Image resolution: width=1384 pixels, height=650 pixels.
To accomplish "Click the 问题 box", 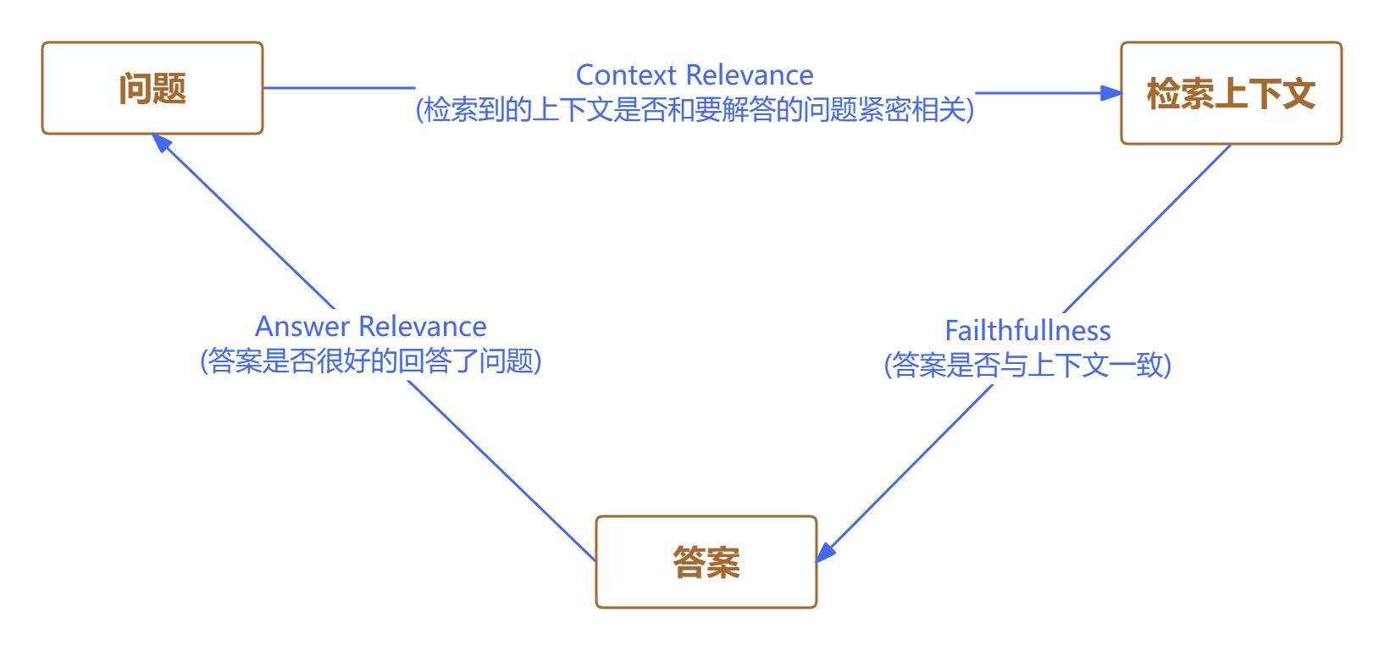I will tap(152, 88).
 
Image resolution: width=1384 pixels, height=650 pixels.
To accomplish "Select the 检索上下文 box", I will tap(1231, 93).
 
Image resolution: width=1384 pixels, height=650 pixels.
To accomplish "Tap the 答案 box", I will tap(706, 562).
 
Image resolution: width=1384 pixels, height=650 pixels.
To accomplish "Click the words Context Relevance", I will tap(695, 75).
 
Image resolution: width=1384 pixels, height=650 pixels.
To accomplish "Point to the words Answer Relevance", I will tap(371, 327).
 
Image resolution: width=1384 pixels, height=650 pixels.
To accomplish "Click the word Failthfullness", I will tap(1027, 331).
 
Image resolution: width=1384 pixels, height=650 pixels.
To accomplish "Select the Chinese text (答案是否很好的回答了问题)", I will tap(371, 361).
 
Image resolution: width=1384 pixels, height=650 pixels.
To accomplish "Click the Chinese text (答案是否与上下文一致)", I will tap(1027, 366).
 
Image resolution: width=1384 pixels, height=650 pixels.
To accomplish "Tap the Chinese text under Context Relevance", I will tap(695, 110).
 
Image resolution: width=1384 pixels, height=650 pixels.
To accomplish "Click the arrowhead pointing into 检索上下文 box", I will tap(1110, 93).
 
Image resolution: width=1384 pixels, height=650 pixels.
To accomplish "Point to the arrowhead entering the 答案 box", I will tap(826, 551).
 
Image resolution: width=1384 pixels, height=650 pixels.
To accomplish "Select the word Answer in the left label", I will tap(302, 327).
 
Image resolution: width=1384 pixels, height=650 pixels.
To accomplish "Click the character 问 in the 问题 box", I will tap(136, 88).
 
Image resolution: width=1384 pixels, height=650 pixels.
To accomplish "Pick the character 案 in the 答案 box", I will tap(723, 562).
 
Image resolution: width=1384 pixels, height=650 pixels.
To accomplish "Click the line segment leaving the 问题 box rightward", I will tap(339, 88).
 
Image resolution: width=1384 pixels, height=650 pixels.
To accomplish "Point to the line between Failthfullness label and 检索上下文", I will tap(1148, 229).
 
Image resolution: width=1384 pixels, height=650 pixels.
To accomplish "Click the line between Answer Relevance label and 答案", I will tap(500, 470).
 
